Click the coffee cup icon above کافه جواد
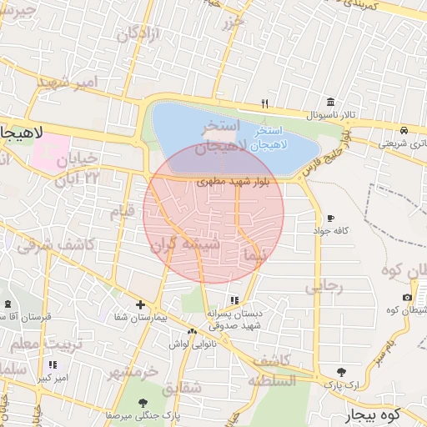(331, 218)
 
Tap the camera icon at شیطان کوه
(407, 298)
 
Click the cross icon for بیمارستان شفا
(140, 305)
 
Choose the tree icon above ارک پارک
(340, 372)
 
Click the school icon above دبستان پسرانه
(234, 300)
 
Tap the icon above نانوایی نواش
(193, 332)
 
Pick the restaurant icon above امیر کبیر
(53, 364)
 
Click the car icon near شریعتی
(404, 131)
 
